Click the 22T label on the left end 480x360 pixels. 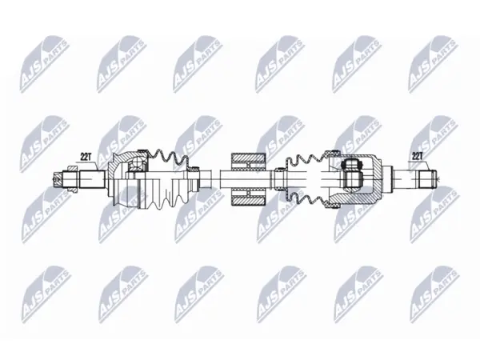click(x=86, y=157)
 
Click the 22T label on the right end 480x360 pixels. click(x=417, y=156)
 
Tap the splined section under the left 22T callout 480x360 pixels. click(x=93, y=179)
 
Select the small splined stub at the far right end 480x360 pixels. click(x=426, y=179)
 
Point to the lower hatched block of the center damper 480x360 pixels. click(x=248, y=198)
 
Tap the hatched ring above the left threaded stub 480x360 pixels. click(x=72, y=168)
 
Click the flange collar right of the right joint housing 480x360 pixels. click(x=388, y=179)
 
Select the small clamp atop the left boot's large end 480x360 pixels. click(x=141, y=150)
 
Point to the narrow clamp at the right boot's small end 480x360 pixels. click(x=279, y=179)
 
